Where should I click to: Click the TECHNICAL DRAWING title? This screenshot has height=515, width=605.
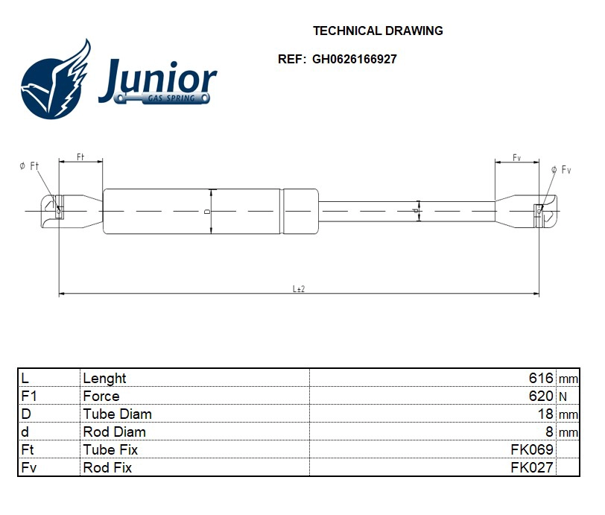pos(378,31)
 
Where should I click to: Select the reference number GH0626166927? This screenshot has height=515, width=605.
pos(354,60)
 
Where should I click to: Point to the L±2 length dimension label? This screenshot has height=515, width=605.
pos(299,288)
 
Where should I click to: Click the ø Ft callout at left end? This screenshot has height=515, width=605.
pos(29,165)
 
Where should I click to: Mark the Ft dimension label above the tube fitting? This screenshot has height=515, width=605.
pos(80,157)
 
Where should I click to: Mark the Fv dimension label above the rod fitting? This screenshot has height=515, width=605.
pos(516,157)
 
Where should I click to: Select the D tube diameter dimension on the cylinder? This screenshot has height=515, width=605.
pos(208,212)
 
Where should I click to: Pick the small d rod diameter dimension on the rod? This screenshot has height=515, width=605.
pos(416,212)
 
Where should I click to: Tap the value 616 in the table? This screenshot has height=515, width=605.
pos(541,378)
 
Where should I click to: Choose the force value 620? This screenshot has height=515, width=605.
pos(541,396)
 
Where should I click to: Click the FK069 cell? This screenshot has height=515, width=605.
pos(531,449)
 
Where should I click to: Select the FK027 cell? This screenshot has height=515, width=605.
pos(531,467)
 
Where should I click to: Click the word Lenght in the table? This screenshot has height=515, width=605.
pos(104,378)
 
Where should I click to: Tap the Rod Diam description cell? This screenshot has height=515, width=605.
pos(114,432)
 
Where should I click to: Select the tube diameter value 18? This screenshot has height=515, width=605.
pos(545,414)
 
